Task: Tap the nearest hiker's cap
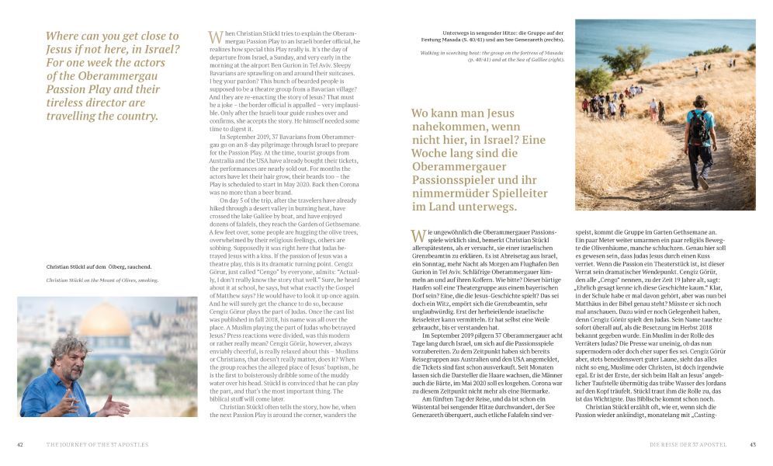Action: [698, 101]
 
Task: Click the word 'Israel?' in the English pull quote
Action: [158, 50]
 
